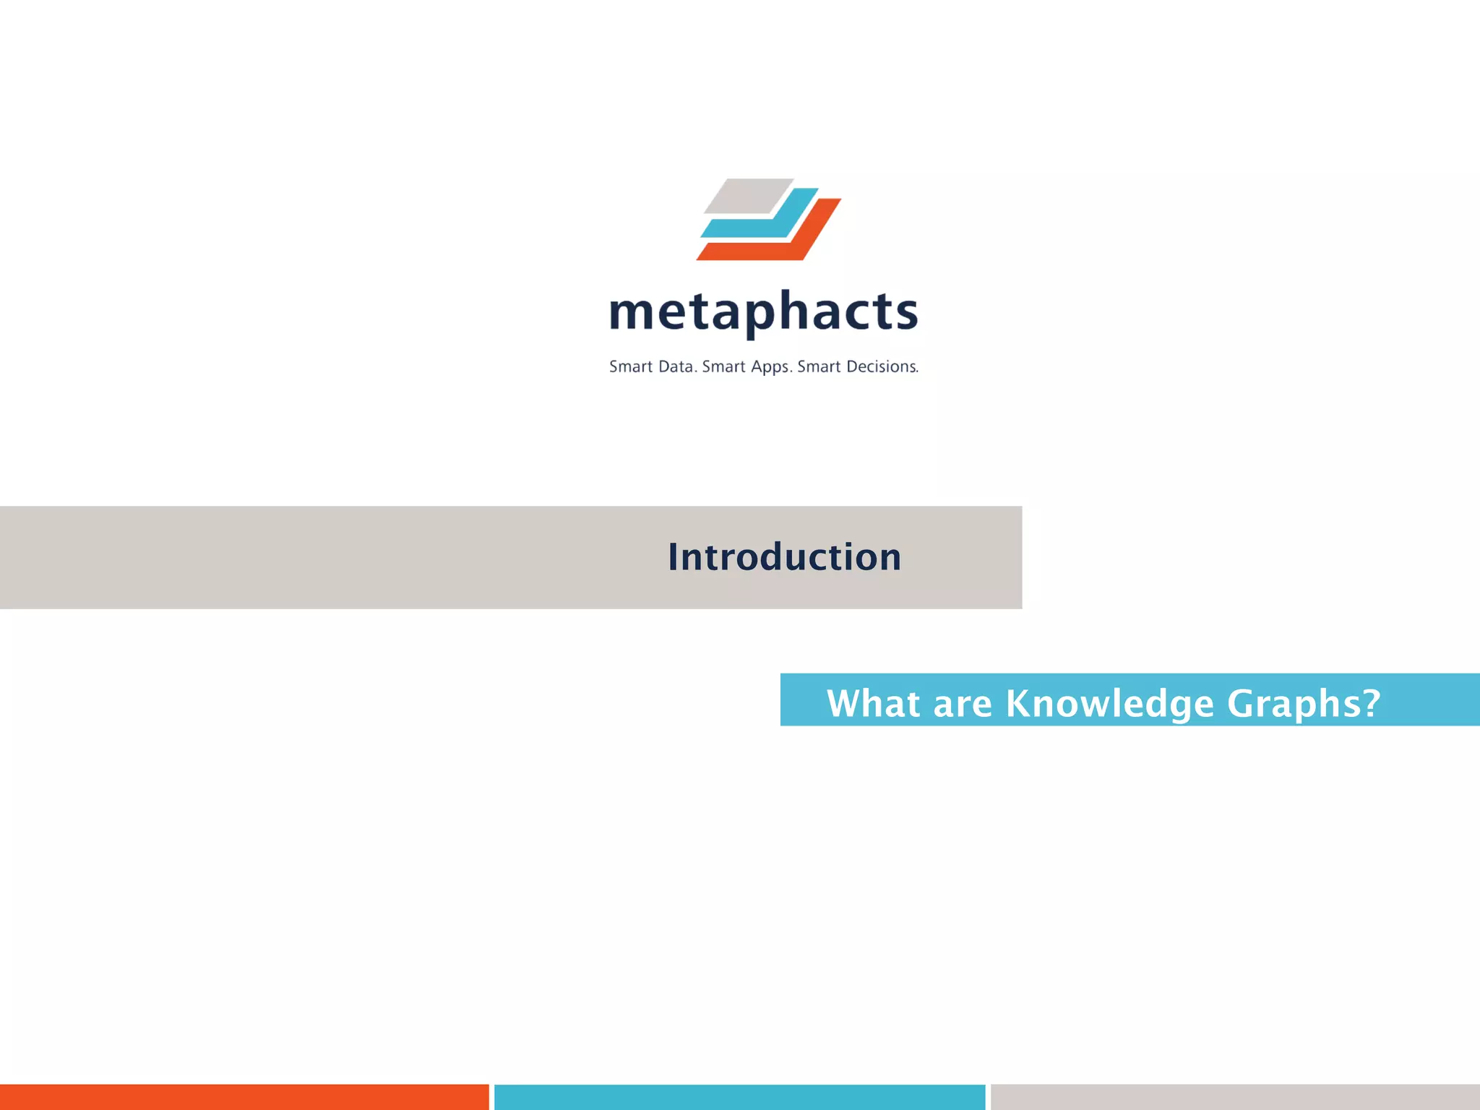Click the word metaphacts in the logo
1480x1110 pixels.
pos(763,312)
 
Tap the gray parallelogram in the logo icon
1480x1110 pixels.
pos(748,196)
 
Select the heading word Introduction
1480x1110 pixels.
pos(784,557)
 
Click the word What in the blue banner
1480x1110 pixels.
pos(873,703)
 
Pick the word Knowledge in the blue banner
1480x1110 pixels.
pos(1109,703)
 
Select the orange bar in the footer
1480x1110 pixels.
pos(244,1097)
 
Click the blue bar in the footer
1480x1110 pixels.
pos(739,1097)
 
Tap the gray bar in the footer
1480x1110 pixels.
pos(1234,1097)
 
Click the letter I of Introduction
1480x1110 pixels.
pos(674,557)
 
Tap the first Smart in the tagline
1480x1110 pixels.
pos(631,367)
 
